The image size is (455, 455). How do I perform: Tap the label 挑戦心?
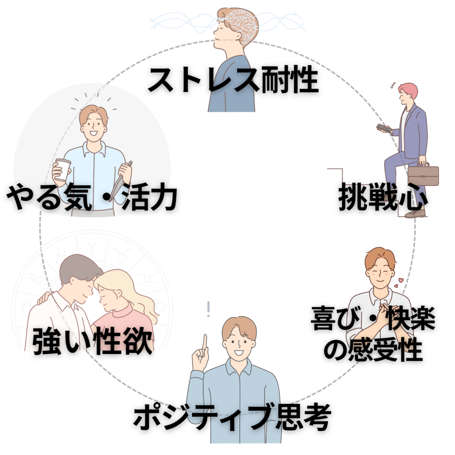(383, 197)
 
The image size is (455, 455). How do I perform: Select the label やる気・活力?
(92, 197)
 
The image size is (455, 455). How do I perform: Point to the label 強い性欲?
(92, 341)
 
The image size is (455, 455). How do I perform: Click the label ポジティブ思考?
(232, 417)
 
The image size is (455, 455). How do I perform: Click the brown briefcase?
(423, 175)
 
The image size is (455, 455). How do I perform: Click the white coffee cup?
(63, 170)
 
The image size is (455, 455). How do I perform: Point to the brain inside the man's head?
(242, 24)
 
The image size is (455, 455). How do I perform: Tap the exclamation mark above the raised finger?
(208, 309)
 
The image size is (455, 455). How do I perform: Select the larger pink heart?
(401, 280)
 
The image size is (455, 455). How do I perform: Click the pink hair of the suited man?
(409, 90)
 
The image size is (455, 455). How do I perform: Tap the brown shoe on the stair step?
(415, 213)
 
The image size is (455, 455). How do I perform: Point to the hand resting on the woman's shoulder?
(44, 298)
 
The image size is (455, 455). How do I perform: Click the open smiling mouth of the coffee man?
(94, 133)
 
